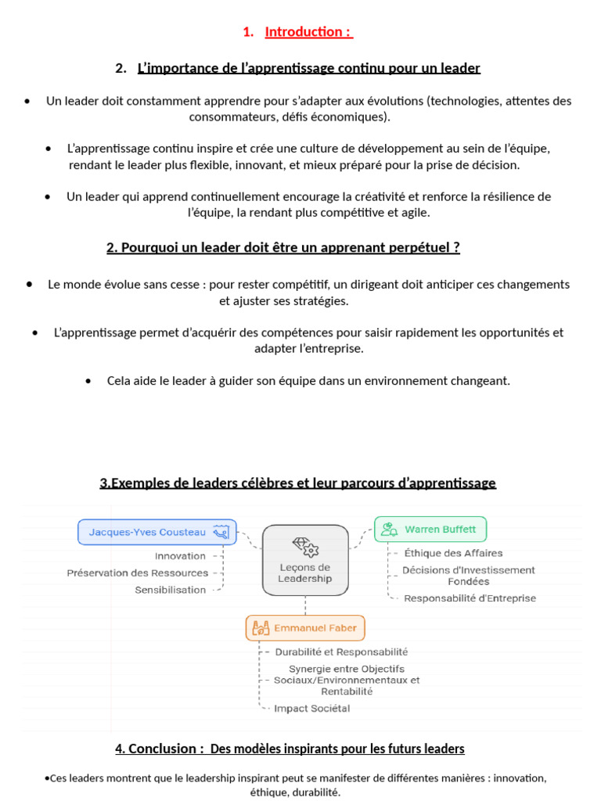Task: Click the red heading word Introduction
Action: [x=304, y=32]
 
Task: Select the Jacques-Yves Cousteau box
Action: [x=157, y=532]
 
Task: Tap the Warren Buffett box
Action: [x=430, y=530]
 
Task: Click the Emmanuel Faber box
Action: [x=305, y=627]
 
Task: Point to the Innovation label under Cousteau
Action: [x=180, y=556]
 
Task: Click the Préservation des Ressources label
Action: [x=138, y=573]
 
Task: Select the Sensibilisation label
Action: [x=170, y=590]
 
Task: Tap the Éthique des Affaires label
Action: [x=453, y=553]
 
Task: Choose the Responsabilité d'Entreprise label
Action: [x=470, y=598]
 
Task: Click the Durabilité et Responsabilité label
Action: [x=340, y=652]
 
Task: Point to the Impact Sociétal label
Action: [x=311, y=709]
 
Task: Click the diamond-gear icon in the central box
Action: [x=304, y=545]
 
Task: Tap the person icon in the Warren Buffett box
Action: [x=389, y=530]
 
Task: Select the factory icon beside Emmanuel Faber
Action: [x=260, y=627]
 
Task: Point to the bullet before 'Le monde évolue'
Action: [x=29, y=284]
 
